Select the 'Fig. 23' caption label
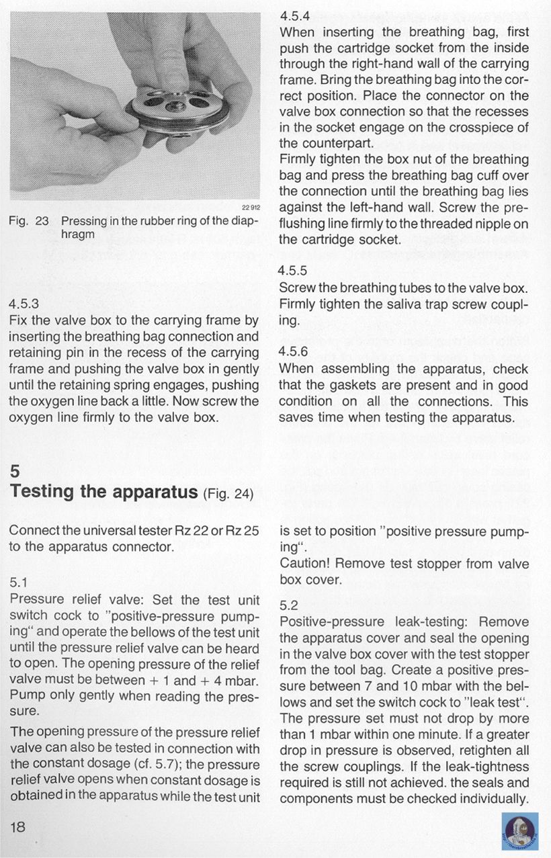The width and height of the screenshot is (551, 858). pyautogui.click(x=30, y=221)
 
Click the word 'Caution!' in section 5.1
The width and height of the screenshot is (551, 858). pyautogui.click(x=305, y=564)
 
